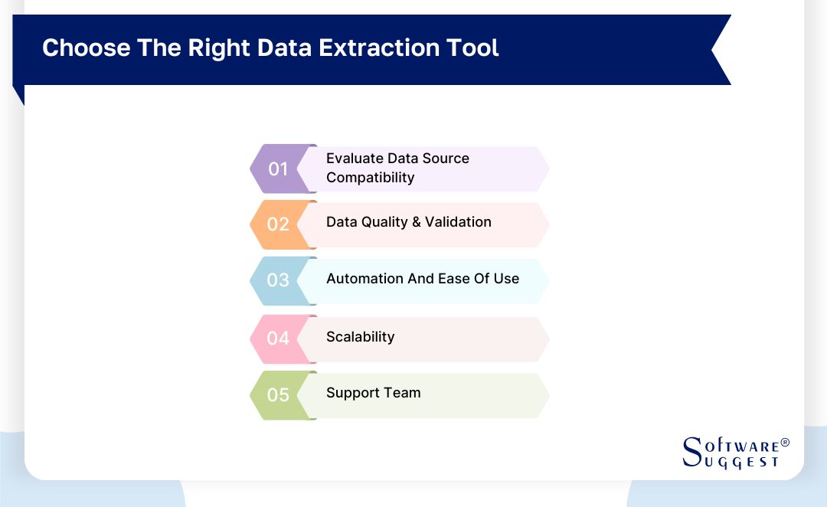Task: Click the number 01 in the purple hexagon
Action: pos(277,168)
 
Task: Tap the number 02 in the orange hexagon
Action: pos(277,224)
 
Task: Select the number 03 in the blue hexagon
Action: pos(277,280)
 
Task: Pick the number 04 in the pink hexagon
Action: pos(277,338)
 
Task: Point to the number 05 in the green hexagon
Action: pos(277,395)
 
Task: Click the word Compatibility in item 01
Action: pos(370,178)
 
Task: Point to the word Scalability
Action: pos(360,337)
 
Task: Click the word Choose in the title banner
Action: pos(87,48)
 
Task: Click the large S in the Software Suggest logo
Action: pos(691,451)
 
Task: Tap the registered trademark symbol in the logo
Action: pos(784,443)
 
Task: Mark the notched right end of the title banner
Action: pos(720,50)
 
